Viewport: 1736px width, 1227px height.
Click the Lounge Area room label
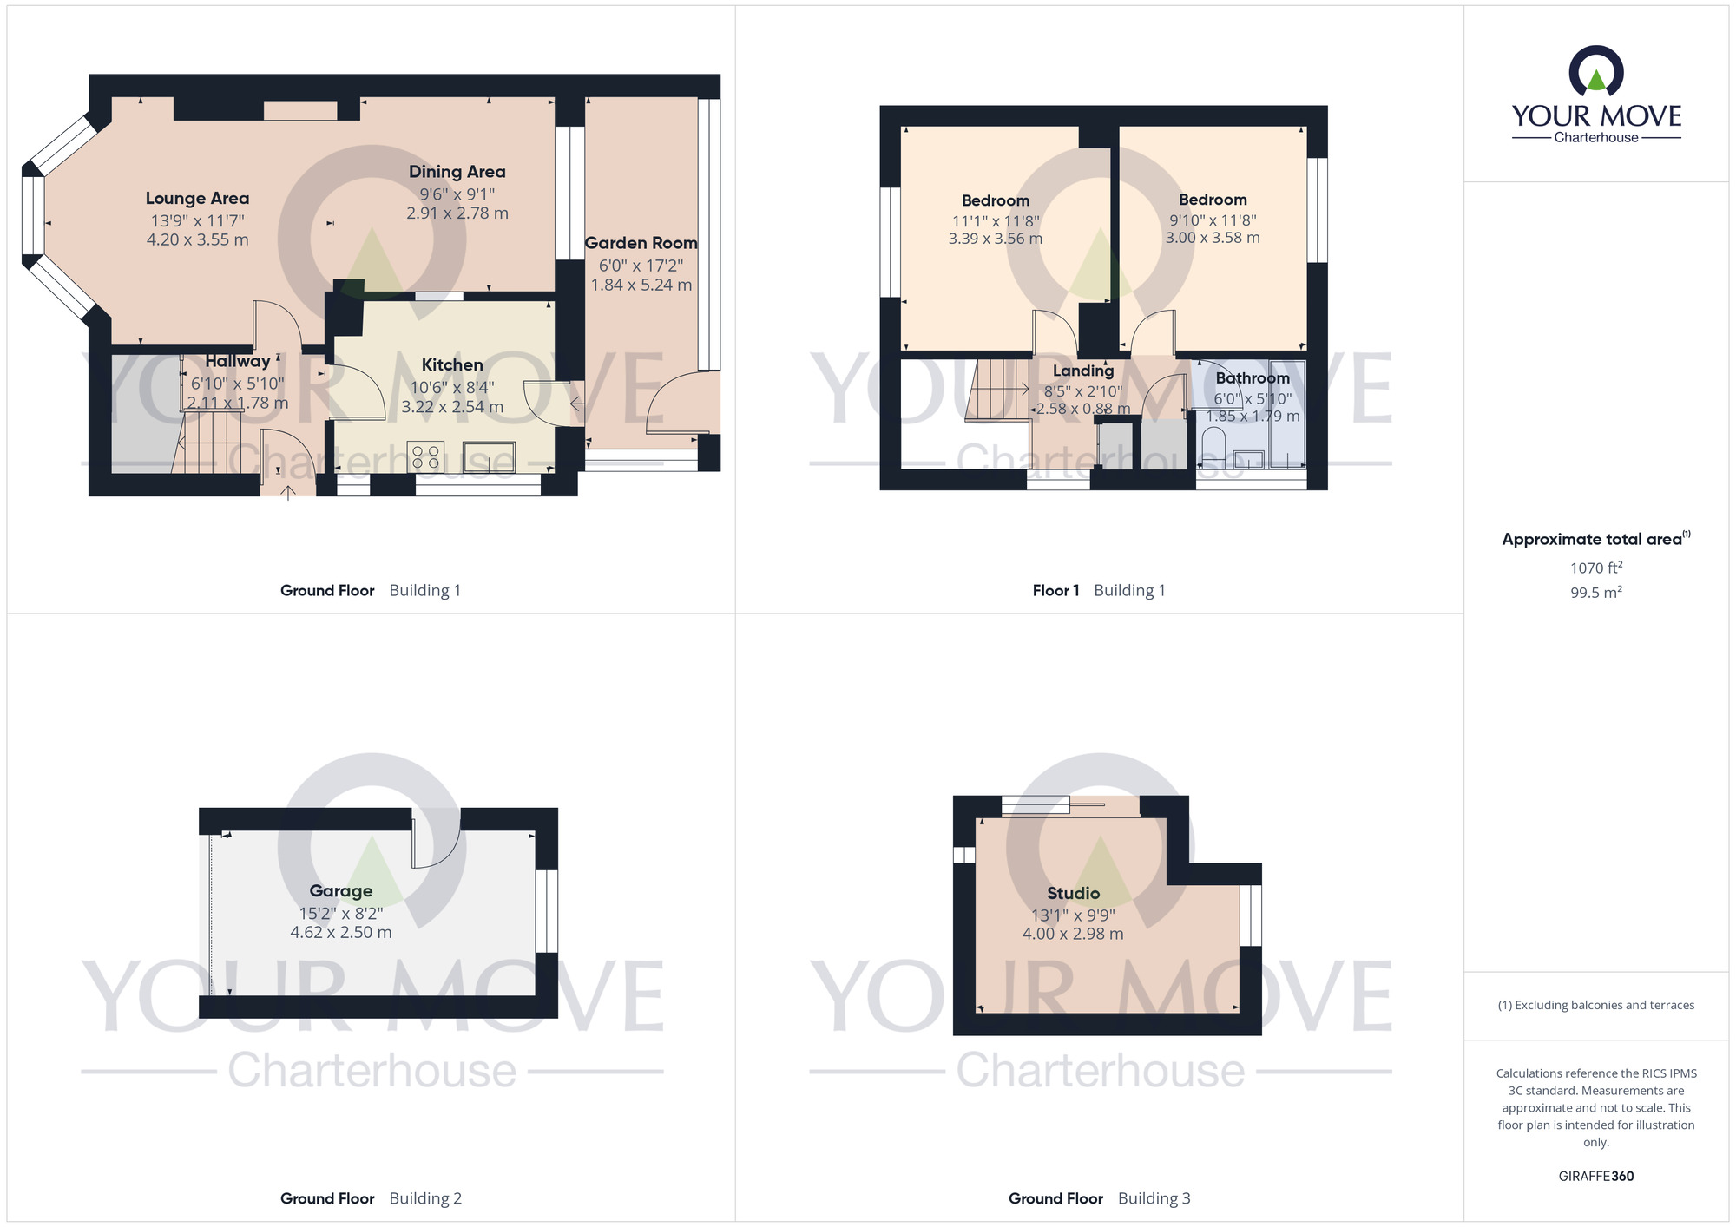197,199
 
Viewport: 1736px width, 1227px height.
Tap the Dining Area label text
457,172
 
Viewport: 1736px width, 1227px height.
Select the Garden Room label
641,243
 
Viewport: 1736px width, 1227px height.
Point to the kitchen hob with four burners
425,457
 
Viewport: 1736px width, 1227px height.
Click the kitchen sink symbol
489,457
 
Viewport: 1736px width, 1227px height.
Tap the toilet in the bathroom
1213,447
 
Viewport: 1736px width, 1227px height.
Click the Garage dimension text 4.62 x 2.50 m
341,933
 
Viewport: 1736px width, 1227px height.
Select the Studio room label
1073,893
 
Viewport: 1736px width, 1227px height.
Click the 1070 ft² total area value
1596,568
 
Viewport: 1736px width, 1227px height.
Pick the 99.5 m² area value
1596,593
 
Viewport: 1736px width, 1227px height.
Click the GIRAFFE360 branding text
1596,1177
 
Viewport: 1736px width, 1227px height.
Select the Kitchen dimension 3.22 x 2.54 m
452,407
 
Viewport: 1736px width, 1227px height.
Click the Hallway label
238,361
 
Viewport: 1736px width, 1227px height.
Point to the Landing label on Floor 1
1083,371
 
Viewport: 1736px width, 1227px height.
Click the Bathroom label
1253,378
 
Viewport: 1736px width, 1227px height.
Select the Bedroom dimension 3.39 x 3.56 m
996,239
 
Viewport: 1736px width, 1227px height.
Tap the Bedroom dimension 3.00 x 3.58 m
1213,238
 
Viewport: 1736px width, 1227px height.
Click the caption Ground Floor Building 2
371,1198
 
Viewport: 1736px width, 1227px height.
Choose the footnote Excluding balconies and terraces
1596,1005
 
